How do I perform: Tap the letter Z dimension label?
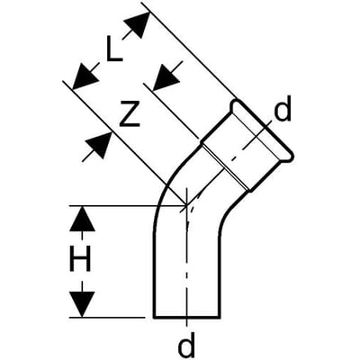[130, 113]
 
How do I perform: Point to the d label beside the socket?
[283, 111]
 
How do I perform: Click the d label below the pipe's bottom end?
[186, 346]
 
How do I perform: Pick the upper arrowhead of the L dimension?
[138, 24]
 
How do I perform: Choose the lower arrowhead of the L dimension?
[85, 77]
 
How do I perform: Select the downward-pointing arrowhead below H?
[82, 304]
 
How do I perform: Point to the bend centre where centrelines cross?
[186, 205]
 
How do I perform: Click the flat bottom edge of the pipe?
[187, 317]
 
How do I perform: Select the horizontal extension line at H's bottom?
[107, 317]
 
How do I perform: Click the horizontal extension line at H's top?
[128, 206]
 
